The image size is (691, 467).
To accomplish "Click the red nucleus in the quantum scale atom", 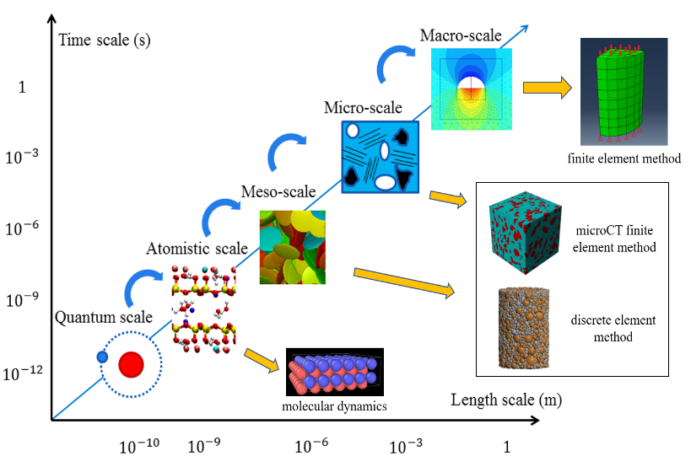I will tap(132, 364).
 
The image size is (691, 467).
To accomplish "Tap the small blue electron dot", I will tap(102, 357).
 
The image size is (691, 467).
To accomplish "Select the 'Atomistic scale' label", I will tap(197, 248).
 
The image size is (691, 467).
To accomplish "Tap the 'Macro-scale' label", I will tap(460, 35).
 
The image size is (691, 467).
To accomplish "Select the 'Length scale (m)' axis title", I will tap(506, 399).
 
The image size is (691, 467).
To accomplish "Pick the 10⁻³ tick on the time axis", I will tap(25, 156).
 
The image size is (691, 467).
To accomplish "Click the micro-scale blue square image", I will tap(381, 157).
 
